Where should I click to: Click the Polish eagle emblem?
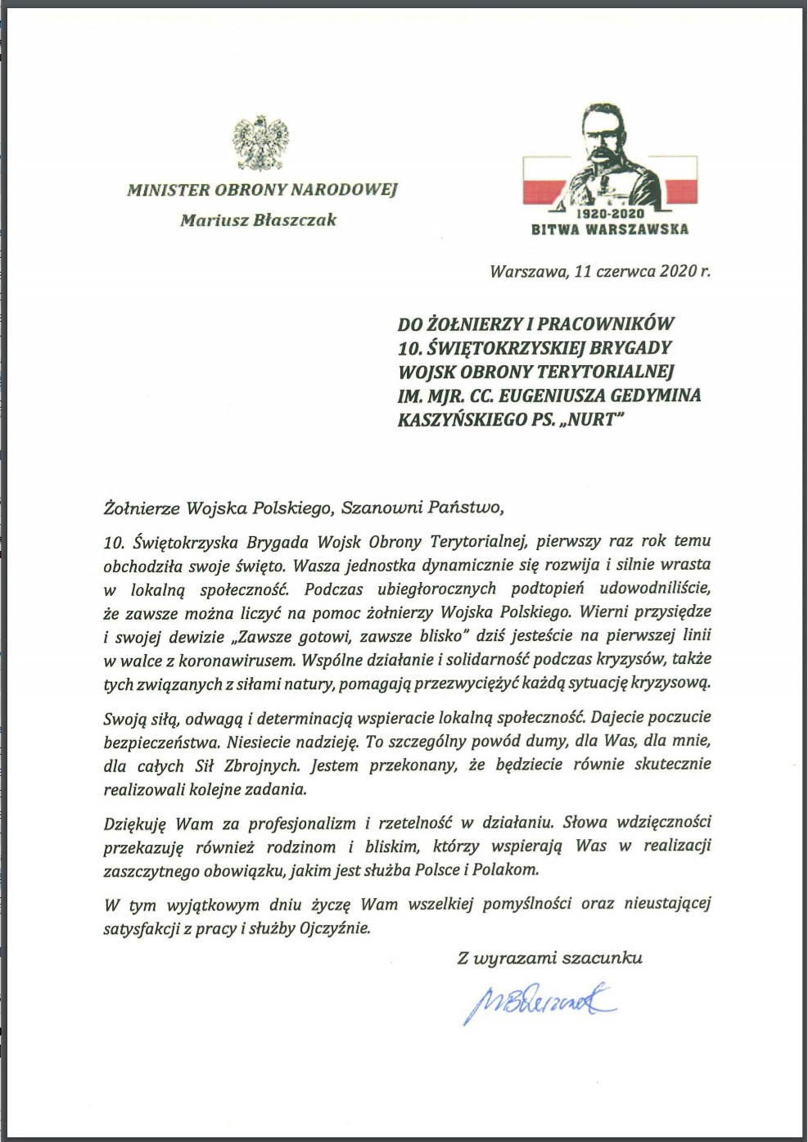pyautogui.click(x=261, y=143)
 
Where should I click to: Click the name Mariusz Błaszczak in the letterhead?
pyautogui.click(x=258, y=219)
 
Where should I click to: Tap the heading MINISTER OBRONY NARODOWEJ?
pyautogui.click(x=262, y=190)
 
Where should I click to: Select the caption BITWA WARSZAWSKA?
pyautogui.click(x=610, y=229)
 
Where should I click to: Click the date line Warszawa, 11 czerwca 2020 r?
pyautogui.click(x=599, y=271)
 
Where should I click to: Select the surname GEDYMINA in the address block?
pyautogui.click(x=656, y=395)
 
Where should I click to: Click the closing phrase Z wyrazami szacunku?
pyautogui.click(x=549, y=958)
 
